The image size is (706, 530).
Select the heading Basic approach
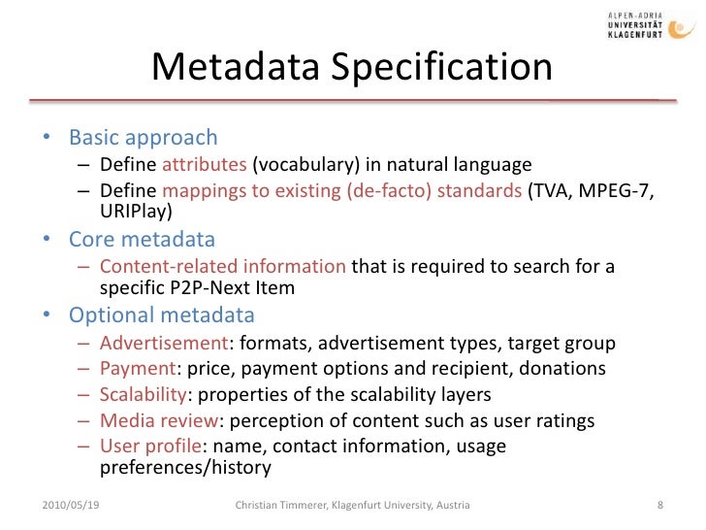[x=143, y=138]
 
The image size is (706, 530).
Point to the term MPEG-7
[x=619, y=191]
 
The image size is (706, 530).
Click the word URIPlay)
[x=137, y=211]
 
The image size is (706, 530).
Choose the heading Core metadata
[x=142, y=239]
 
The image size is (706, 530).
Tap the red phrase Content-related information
[x=222, y=267]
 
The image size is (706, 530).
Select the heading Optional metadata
[x=161, y=315]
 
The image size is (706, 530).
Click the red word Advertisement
[x=163, y=344]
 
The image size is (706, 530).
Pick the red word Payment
[x=135, y=369]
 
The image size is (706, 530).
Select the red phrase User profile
[x=148, y=447]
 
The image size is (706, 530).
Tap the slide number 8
[x=659, y=506]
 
